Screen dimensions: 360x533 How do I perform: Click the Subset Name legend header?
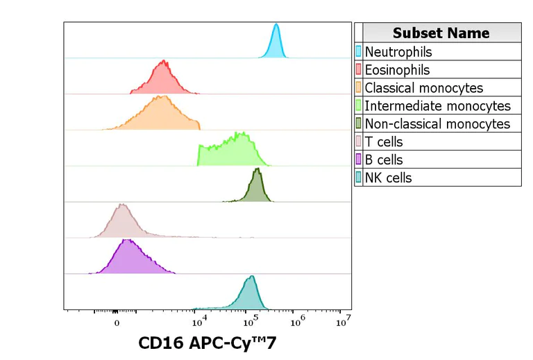pyautogui.click(x=441, y=33)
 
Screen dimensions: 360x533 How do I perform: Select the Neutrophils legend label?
pyautogui.click(x=398, y=52)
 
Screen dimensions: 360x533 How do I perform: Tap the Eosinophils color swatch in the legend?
pyautogui.click(x=359, y=70)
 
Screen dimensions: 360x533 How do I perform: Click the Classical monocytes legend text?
pyautogui.click(x=423, y=88)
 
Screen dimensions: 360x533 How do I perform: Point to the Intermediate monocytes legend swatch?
pyautogui.click(x=359, y=106)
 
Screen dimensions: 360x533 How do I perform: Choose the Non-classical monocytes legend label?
pyautogui.click(x=437, y=124)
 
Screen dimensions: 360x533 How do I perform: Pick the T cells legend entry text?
pyautogui.click(x=384, y=142)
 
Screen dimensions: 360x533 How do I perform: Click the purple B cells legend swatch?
pyautogui.click(x=359, y=160)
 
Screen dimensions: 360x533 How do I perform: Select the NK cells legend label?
pyautogui.click(x=388, y=178)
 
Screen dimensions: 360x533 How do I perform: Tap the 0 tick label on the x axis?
pyautogui.click(x=117, y=323)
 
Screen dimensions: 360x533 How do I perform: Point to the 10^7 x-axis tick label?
pyautogui.click(x=343, y=321)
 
